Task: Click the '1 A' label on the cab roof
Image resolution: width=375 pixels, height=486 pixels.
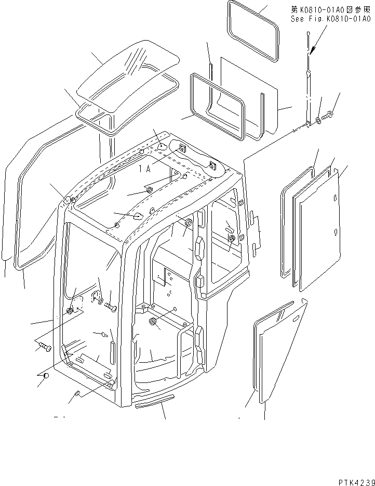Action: pyautogui.click(x=144, y=169)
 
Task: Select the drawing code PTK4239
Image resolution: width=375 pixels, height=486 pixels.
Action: pyautogui.click(x=356, y=482)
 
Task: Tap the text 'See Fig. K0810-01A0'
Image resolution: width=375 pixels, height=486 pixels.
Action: pyautogui.click(x=330, y=19)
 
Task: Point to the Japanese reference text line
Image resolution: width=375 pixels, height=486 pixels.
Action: pyautogui.click(x=330, y=9)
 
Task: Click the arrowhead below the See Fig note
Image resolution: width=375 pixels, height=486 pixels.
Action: pyautogui.click(x=313, y=50)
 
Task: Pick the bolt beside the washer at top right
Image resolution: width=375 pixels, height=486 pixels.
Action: pyautogui.click(x=327, y=116)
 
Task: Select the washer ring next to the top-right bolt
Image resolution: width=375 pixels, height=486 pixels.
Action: pyautogui.click(x=318, y=120)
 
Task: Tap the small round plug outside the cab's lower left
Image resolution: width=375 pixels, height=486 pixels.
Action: pyautogui.click(x=46, y=376)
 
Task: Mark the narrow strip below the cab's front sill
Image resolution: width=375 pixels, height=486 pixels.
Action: pyautogui.click(x=154, y=401)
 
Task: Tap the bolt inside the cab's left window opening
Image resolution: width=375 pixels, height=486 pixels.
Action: pyautogui.click(x=111, y=306)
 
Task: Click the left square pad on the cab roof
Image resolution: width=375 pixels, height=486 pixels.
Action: pyautogui.click(x=181, y=149)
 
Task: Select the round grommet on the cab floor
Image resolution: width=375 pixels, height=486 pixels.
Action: pyautogui.click(x=152, y=322)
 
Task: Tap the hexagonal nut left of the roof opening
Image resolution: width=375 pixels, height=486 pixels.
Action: pyautogui.click(x=149, y=190)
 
